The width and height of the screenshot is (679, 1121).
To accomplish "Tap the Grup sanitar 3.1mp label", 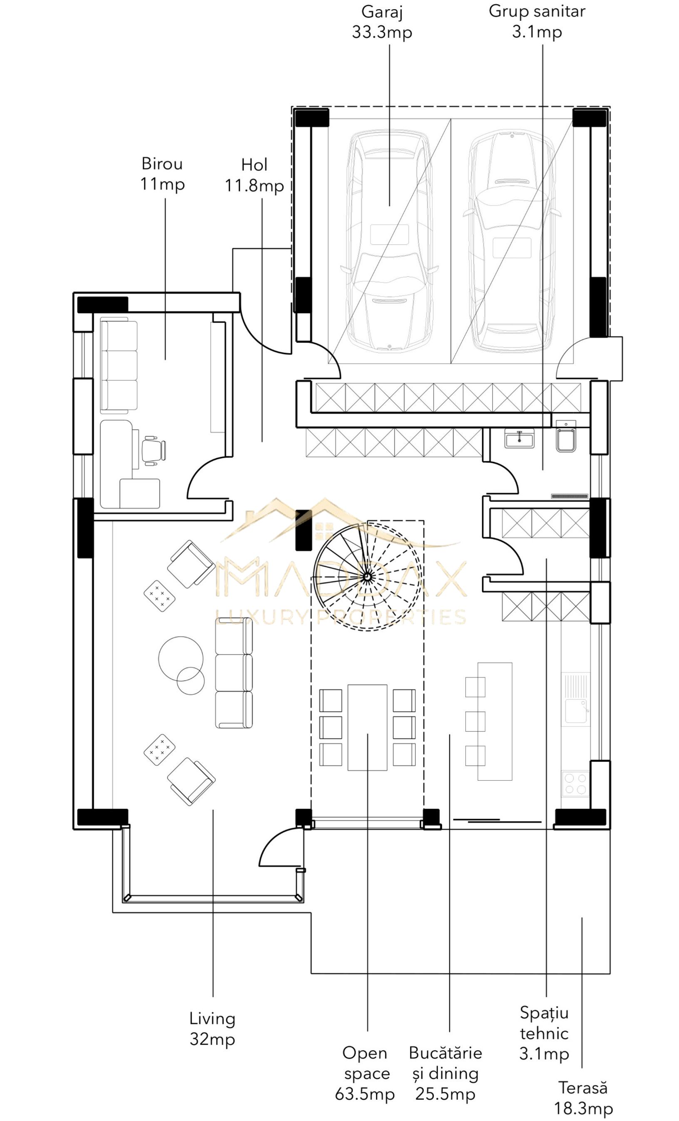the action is [x=537, y=21].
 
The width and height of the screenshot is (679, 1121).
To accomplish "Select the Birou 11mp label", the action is [x=162, y=174].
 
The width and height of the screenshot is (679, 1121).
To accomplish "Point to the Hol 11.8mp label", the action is [x=254, y=175].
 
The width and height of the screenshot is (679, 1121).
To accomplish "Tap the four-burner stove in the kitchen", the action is [x=576, y=784].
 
